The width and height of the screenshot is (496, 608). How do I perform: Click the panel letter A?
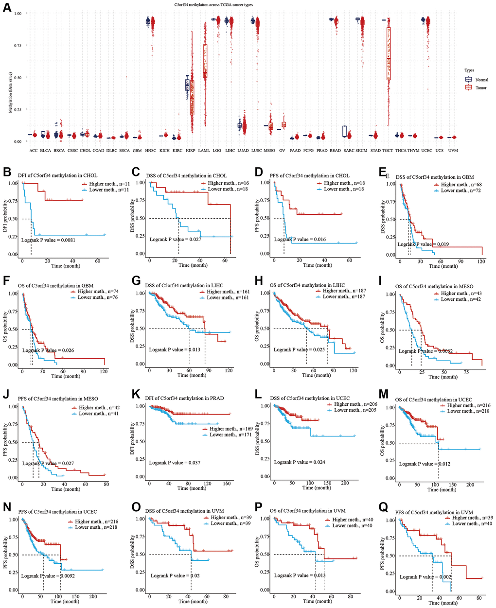(7, 8)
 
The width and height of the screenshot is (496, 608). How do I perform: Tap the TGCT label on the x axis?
(388, 151)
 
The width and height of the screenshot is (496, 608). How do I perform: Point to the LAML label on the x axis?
(204, 151)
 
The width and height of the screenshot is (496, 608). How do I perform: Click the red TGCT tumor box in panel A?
(389, 53)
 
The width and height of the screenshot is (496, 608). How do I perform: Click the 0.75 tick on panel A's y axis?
(18, 45)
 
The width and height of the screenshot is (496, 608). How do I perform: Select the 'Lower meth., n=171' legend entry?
(224, 434)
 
